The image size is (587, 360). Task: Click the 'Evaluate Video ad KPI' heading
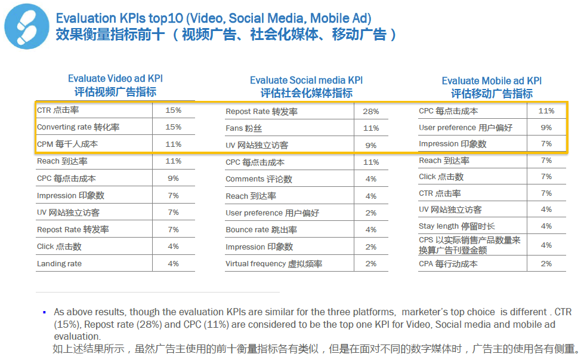[x=115, y=79]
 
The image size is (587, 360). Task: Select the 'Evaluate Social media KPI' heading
[x=306, y=80]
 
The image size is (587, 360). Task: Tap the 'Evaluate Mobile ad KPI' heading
[x=492, y=81]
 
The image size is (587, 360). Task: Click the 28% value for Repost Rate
[x=371, y=112]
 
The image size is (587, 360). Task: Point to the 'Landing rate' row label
[x=59, y=263]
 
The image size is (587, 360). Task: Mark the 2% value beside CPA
[x=546, y=264]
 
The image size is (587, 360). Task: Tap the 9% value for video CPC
[x=173, y=178]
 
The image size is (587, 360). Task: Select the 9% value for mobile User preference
[x=546, y=127]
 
